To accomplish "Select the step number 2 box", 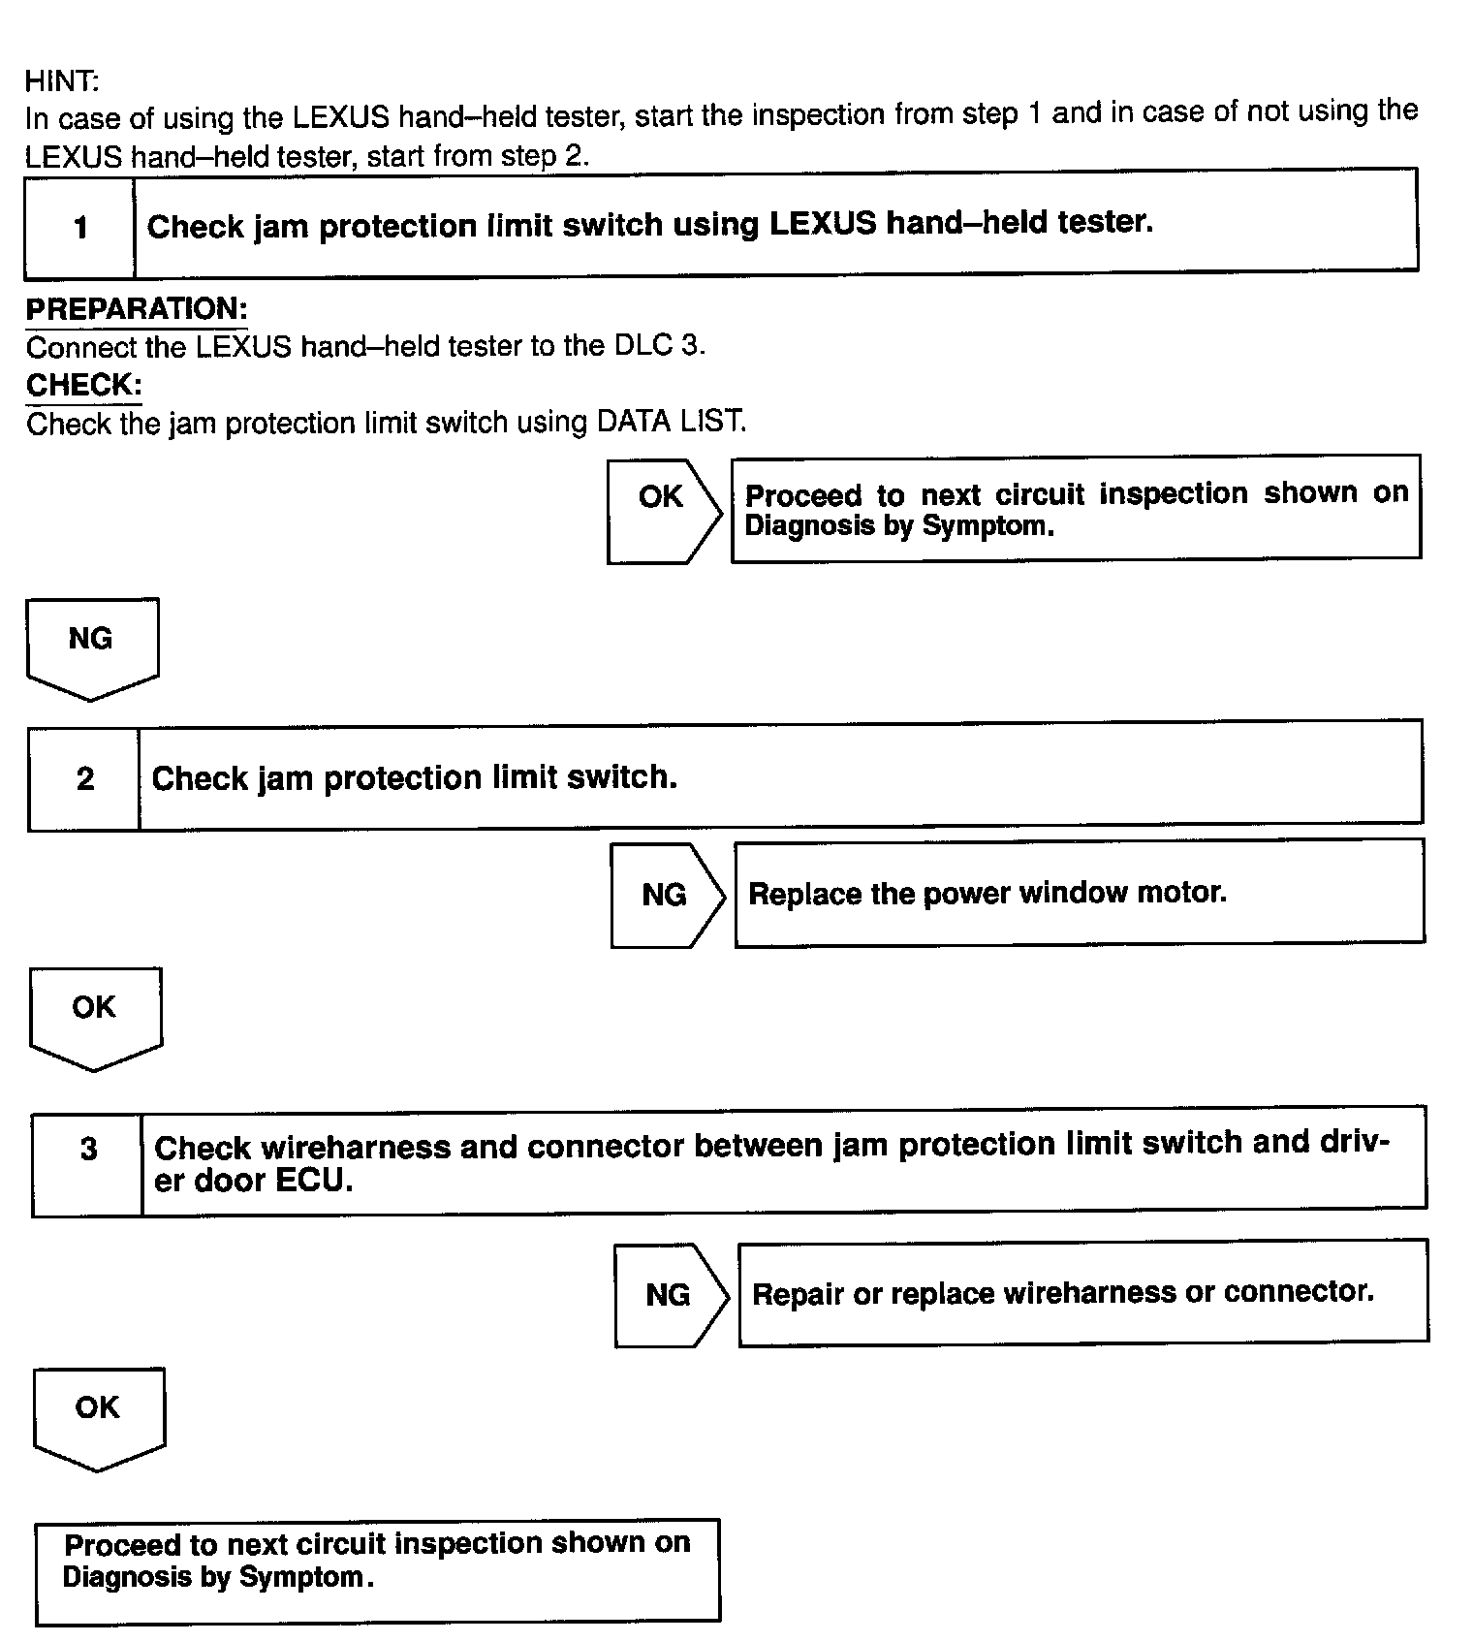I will tap(84, 778).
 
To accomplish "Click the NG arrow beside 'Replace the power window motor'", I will tap(666, 895).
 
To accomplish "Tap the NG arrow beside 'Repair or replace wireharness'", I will tap(670, 1295).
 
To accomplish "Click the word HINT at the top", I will tap(61, 80).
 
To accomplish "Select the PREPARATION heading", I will tap(137, 309).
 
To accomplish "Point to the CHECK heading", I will tap(83, 385).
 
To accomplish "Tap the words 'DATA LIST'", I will tap(671, 422).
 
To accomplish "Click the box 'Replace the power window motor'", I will tap(1079, 892).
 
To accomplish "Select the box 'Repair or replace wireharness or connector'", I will tap(1082, 1292).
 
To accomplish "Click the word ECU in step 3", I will tap(314, 1181).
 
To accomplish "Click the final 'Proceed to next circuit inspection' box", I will tap(377, 1572).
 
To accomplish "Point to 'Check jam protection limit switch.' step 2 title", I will tap(415, 777).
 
